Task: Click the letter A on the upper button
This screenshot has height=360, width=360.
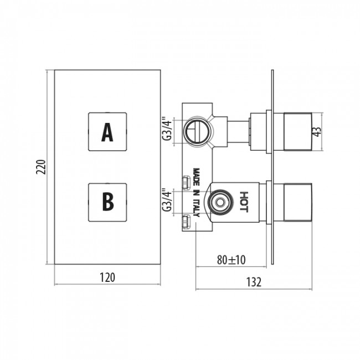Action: click(x=107, y=132)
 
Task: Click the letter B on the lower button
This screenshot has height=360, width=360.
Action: click(x=108, y=202)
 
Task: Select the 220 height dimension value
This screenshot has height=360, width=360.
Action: click(x=42, y=167)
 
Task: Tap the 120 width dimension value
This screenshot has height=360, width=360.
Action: click(x=107, y=277)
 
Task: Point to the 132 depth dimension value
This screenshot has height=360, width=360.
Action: click(x=254, y=282)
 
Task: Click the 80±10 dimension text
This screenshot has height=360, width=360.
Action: click(x=231, y=260)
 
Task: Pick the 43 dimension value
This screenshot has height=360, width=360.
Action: click(x=317, y=132)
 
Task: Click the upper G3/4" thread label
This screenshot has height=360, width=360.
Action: click(x=167, y=128)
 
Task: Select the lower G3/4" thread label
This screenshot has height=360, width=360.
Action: click(x=167, y=200)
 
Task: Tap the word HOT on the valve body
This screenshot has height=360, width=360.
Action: click(x=244, y=202)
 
